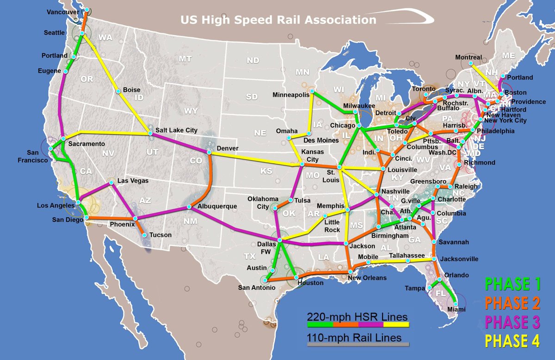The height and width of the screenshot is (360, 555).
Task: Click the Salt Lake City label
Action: (x=176, y=131)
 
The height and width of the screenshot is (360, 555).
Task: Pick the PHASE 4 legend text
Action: (x=512, y=341)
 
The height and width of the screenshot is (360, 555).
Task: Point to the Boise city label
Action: (x=131, y=90)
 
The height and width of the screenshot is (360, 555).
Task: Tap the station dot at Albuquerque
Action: (x=189, y=207)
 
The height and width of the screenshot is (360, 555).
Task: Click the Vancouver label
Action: (x=63, y=12)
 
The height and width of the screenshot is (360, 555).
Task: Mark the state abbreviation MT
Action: (x=185, y=59)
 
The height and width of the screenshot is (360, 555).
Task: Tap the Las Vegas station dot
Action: (x=111, y=183)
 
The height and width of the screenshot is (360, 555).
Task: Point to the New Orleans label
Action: (x=367, y=278)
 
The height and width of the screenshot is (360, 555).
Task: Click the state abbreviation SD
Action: (x=252, y=97)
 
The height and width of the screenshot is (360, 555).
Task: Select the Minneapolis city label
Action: (x=290, y=95)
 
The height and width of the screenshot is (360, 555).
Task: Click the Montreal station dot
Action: (x=471, y=63)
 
